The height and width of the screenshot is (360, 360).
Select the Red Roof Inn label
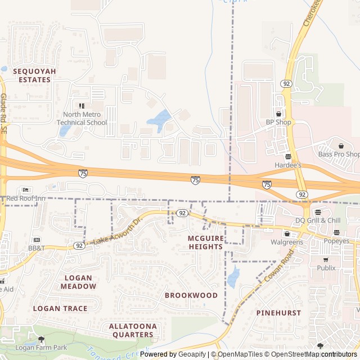click(x=25, y=198)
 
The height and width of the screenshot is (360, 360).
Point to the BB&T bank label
click(x=36, y=247)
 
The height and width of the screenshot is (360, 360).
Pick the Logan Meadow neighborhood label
click(x=78, y=282)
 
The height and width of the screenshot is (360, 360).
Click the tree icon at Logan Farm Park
click(x=41, y=339)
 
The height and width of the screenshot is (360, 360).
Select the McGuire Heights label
click(x=205, y=242)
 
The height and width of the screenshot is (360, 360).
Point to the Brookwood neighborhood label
click(x=191, y=295)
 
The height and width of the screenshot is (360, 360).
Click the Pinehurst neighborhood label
click(x=278, y=312)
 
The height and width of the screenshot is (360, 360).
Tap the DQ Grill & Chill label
click(x=319, y=220)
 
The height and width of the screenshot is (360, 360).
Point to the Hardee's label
click(x=288, y=165)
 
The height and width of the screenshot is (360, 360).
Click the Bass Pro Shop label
click(x=339, y=154)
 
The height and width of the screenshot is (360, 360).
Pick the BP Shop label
click(x=278, y=122)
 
